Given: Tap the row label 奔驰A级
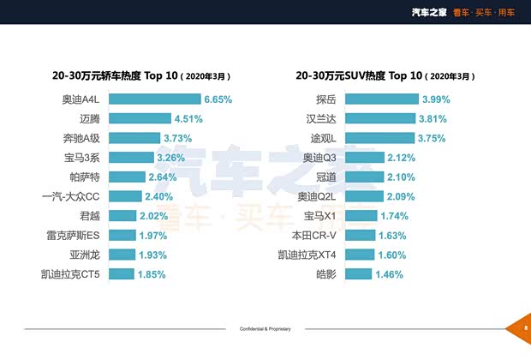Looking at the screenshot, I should point(82,138).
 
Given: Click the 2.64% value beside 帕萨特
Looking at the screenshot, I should point(163,177).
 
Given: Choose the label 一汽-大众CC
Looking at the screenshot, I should point(71,196).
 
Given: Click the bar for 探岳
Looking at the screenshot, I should point(395,99).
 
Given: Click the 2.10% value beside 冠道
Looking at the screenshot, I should point(402,177).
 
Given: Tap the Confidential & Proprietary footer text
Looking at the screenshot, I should point(265,329).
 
